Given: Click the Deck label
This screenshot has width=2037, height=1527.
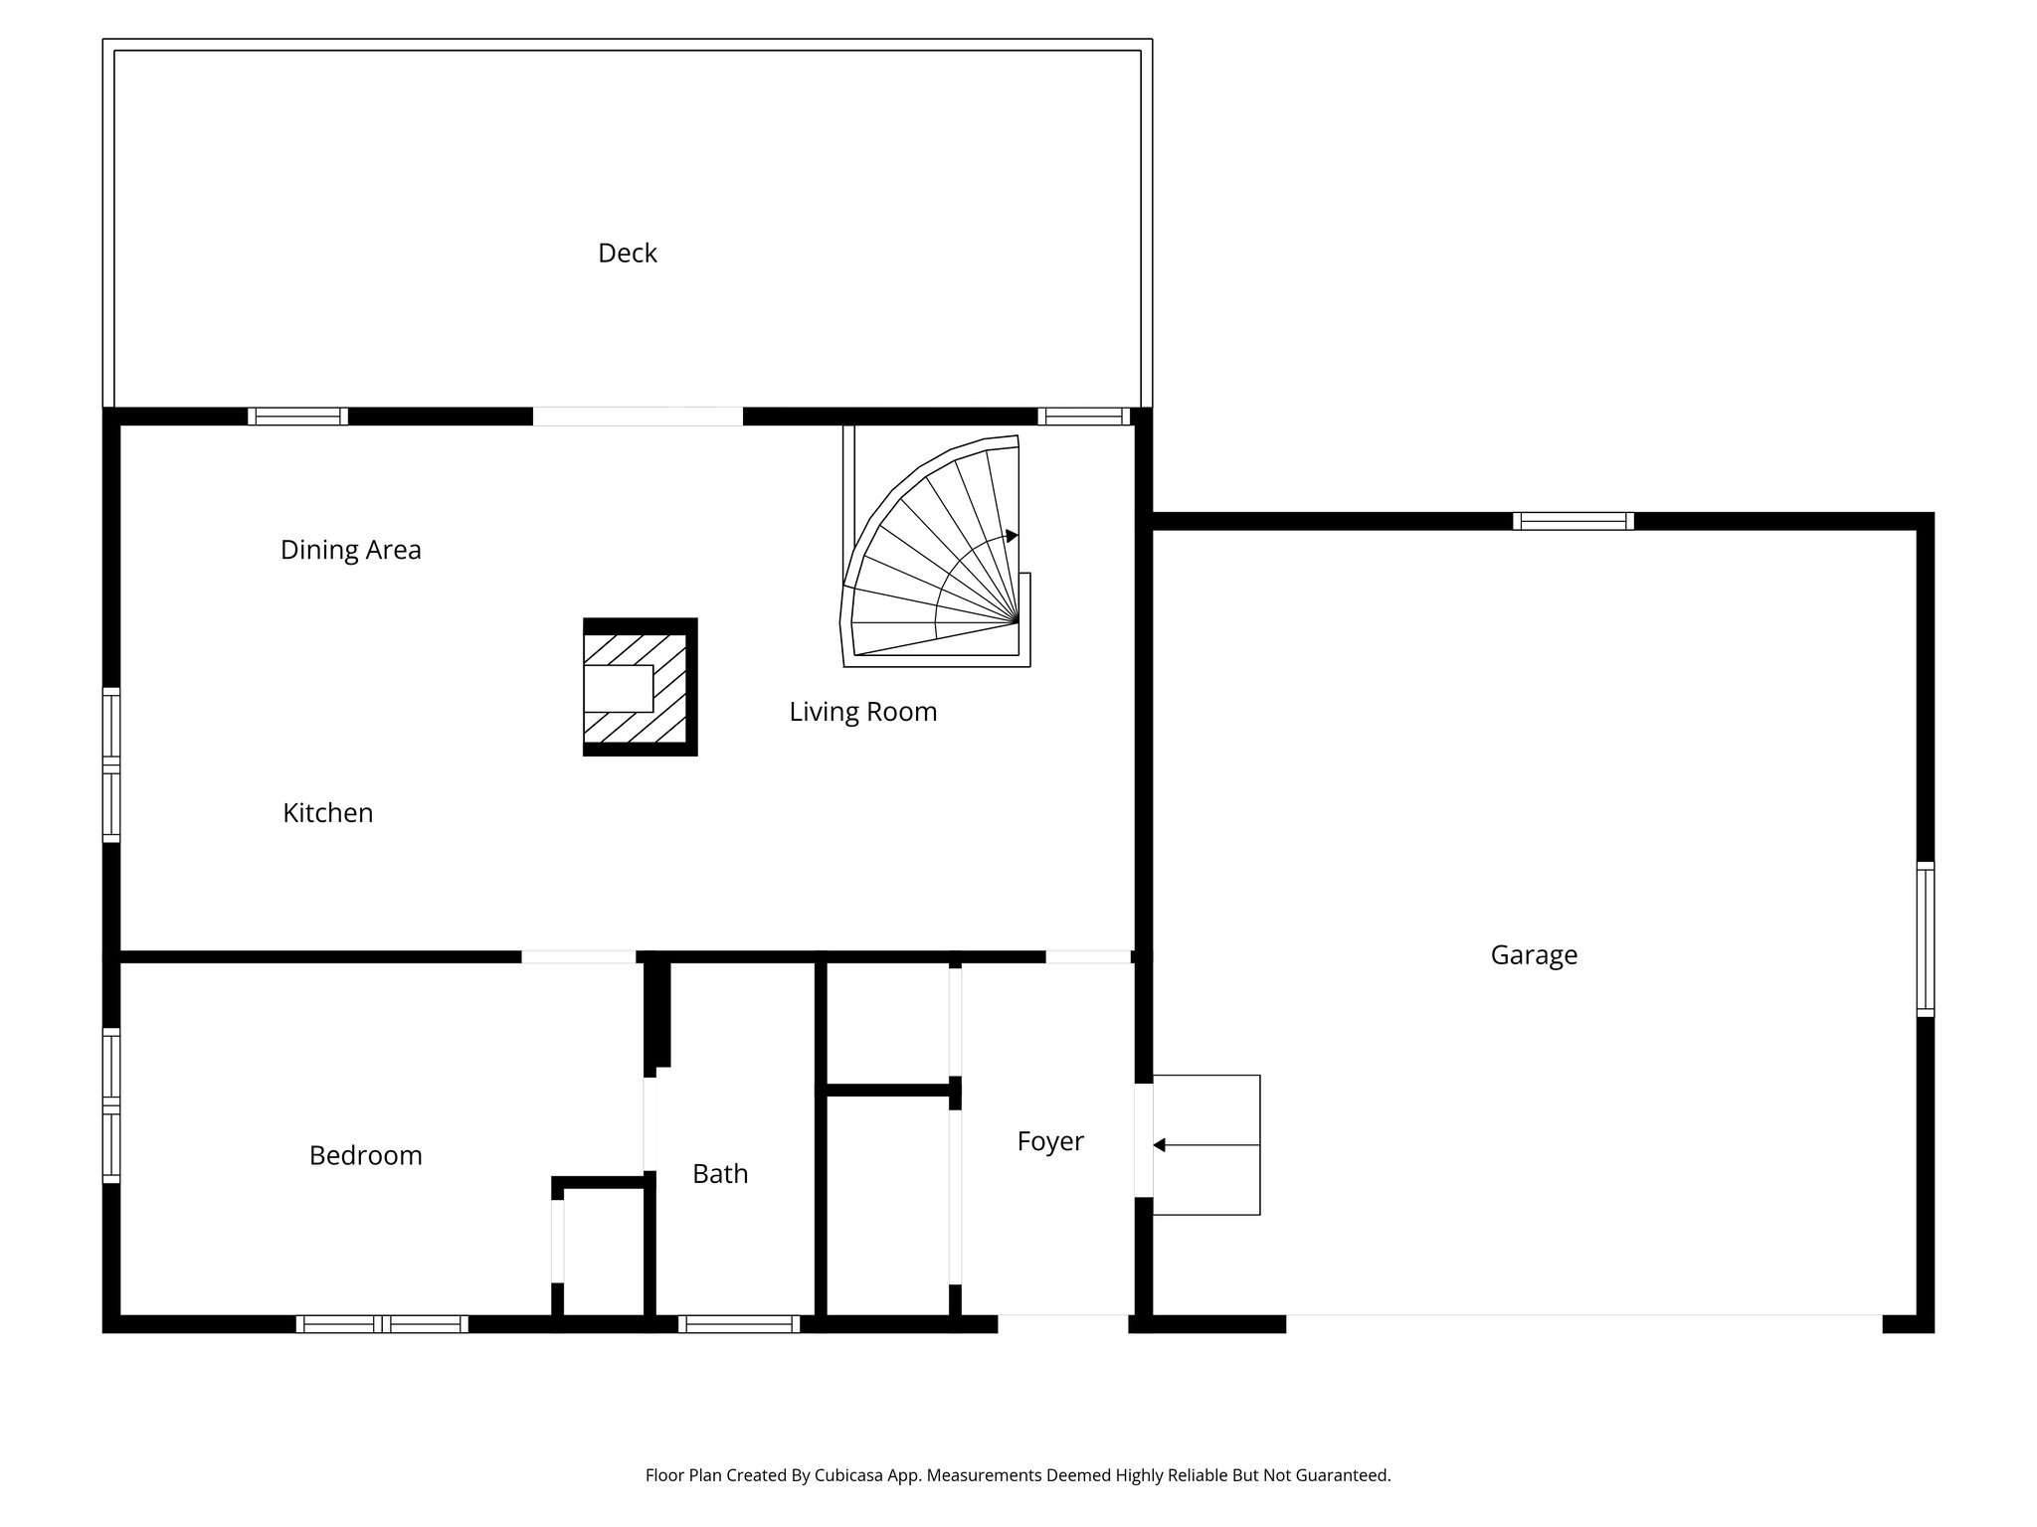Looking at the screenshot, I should [x=628, y=254].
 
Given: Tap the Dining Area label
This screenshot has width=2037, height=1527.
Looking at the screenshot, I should [x=351, y=550].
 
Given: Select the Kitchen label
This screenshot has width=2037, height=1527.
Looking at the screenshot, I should [x=327, y=813].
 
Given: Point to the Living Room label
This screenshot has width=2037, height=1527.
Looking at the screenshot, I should [x=863, y=712].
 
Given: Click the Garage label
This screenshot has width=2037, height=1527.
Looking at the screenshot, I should [x=1534, y=955].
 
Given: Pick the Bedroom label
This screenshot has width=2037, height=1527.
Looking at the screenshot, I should [x=365, y=1155].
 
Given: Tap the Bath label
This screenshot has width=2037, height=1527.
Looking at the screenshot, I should [x=720, y=1174].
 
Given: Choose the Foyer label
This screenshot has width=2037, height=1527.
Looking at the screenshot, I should [x=1050, y=1141].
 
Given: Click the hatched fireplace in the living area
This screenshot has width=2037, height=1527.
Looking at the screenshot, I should [x=640, y=687].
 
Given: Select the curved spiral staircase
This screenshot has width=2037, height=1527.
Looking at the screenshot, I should [x=935, y=557].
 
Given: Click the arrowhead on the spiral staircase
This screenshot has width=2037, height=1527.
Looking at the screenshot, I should [x=1013, y=536].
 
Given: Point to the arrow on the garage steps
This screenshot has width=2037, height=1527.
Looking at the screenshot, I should [x=1160, y=1145].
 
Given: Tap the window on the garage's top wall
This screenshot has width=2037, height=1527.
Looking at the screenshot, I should [x=1573, y=521].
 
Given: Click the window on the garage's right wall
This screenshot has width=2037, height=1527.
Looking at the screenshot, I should [x=1926, y=939].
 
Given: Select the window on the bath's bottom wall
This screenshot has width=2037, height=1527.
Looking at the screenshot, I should [x=739, y=1324].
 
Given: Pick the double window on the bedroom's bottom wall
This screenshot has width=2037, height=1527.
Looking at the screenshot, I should [x=382, y=1324].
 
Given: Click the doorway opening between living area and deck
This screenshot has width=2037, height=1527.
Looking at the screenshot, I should [x=638, y=417].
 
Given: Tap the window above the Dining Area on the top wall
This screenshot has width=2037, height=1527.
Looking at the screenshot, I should [x=297, y=417].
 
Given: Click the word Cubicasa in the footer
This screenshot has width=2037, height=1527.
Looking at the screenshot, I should [x=852, y=1475].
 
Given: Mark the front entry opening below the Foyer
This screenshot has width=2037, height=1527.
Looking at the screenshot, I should [x=1063, y=1324].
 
